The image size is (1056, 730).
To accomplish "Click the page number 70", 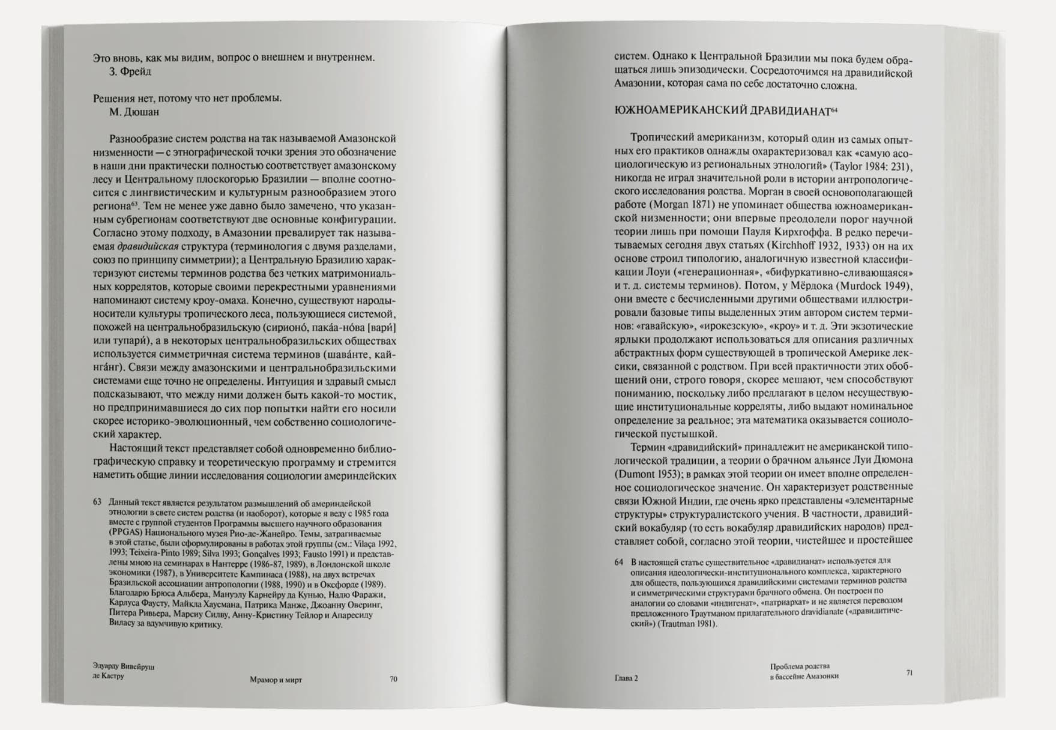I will pos(393,679).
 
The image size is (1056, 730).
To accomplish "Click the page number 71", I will pos(909,673).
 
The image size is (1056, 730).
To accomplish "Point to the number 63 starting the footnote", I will pos(97,502).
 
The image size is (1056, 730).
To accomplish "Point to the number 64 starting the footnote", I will pos(619,563).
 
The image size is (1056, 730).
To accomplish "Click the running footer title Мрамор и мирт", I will pos(276,680).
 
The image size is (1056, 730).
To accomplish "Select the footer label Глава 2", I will pos(626,678).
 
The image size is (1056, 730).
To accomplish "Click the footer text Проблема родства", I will pos(800,666).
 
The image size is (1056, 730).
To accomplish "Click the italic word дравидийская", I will pos(148,247).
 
